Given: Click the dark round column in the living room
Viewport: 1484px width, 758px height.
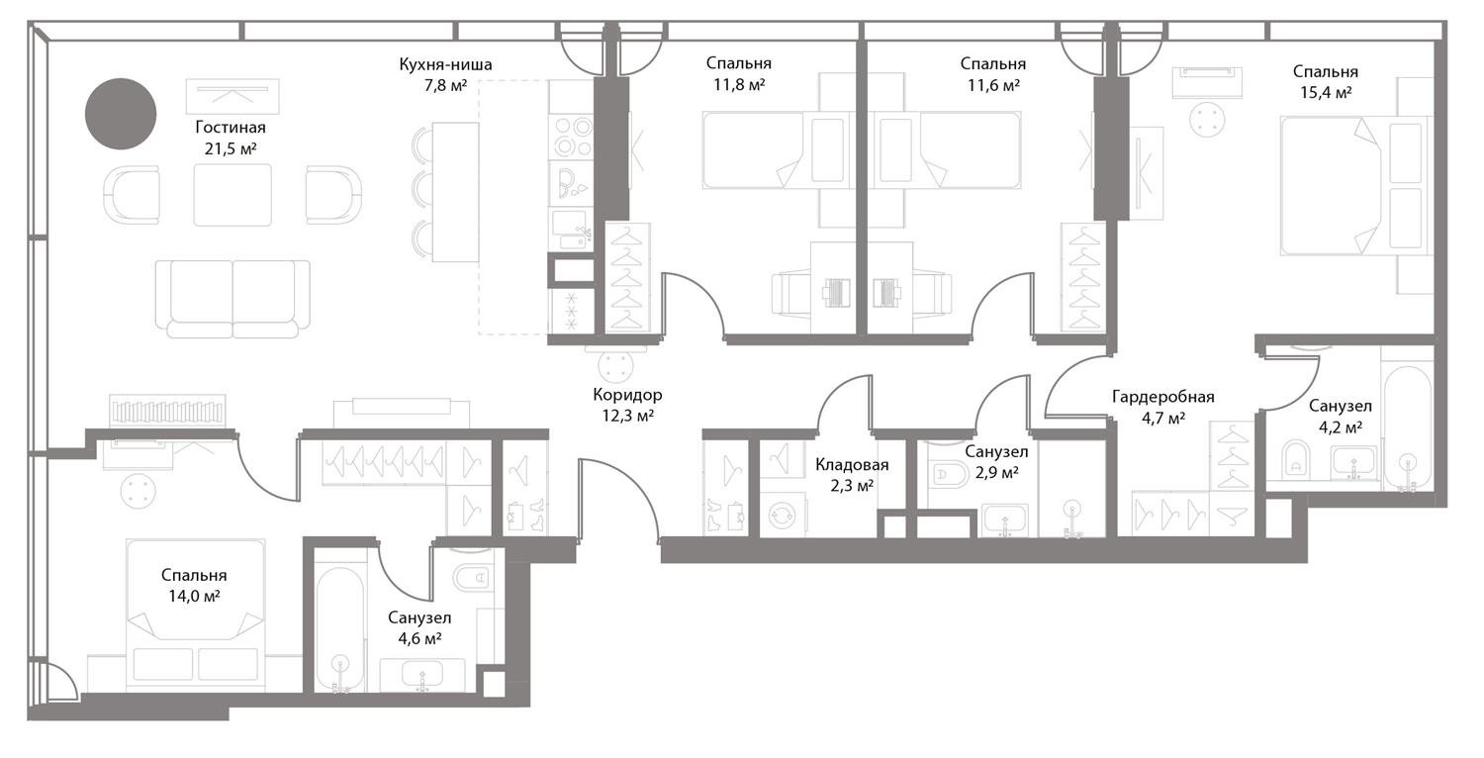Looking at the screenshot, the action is [x=121, y=113].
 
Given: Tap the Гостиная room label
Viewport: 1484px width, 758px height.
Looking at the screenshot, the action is [x=231, y=128].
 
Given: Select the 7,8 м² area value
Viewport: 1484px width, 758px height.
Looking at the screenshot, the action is [x=446, y=85].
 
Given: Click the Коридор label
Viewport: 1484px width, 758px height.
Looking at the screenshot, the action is [x=627, y=396].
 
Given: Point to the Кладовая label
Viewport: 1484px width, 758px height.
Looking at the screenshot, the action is [x=852, y=464].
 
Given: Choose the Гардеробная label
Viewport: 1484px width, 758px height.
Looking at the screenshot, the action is [x=1163, y=397].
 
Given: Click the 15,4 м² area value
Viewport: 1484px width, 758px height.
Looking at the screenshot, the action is [x=1326, y=92].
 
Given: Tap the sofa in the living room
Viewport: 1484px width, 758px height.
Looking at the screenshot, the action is [x=232, y=298].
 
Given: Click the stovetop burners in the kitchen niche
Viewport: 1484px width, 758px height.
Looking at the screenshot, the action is [x=571, y=136].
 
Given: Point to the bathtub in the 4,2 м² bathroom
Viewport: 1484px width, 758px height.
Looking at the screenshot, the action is [x=1408, y=428].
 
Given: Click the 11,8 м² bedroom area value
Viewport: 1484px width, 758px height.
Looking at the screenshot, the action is [x=739, y=85].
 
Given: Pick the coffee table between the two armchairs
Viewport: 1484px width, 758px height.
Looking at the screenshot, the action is [x=232, y=195].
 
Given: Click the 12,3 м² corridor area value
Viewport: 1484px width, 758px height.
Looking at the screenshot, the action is [x=628, y=416].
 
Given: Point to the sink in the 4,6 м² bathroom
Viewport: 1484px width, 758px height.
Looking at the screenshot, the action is [x=422, y=676].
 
